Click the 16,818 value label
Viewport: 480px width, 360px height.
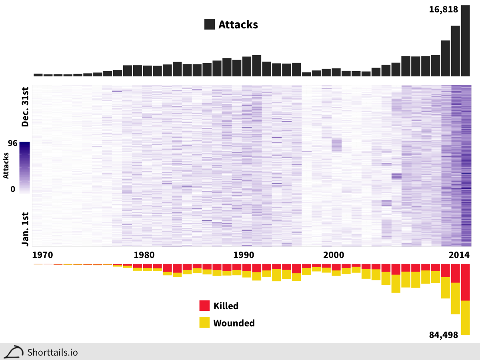click(443, 10)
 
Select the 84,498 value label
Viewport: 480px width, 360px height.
click(443, 336)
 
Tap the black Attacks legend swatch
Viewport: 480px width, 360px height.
click(210, 24)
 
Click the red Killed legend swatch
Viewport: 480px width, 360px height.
click(204, 306)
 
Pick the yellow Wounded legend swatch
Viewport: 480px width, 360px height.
click(204, 322)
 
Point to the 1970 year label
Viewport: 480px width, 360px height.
click(42, 255)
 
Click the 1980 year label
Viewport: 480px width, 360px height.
click(144, 255)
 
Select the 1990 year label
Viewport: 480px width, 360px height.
click(244, 255)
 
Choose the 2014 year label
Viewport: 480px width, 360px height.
click(459, 255)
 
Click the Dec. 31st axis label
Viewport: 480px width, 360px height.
click(26, 106)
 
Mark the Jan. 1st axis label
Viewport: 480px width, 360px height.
click(26, 229)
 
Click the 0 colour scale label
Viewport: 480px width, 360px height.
click(12, 189)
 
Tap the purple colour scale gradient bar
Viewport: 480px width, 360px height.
click(24, 168)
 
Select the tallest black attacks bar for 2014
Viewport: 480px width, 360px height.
click(465, 40)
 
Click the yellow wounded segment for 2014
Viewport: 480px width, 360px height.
click(465, 318)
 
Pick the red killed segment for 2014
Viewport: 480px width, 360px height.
click(465, 282)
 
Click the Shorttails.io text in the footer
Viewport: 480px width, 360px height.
click(52, 352)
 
